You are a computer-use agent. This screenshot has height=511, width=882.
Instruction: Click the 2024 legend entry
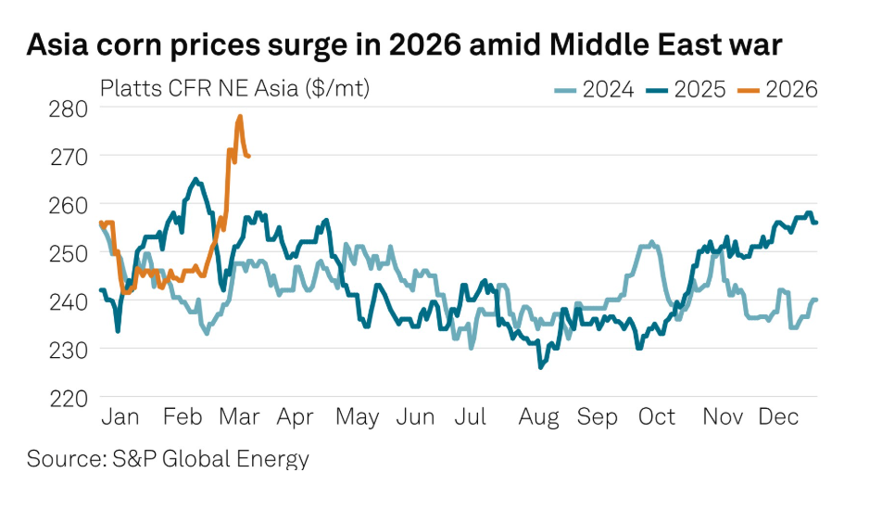pos(594,89)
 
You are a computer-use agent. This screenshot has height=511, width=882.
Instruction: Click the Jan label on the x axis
pos(119,418)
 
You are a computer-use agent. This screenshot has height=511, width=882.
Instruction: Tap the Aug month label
pos(538,418)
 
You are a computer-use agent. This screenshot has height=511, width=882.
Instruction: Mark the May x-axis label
pos(357,418)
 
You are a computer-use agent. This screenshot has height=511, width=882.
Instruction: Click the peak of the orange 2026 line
pos(240,117)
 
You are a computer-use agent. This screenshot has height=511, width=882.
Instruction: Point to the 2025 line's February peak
pos(195,179)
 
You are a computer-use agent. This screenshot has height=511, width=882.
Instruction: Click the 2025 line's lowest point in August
pos(540,367)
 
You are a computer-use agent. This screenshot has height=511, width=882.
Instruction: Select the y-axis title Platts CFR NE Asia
pos(235,89)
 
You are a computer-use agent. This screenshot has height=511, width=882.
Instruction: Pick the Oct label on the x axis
pos(657,418)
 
